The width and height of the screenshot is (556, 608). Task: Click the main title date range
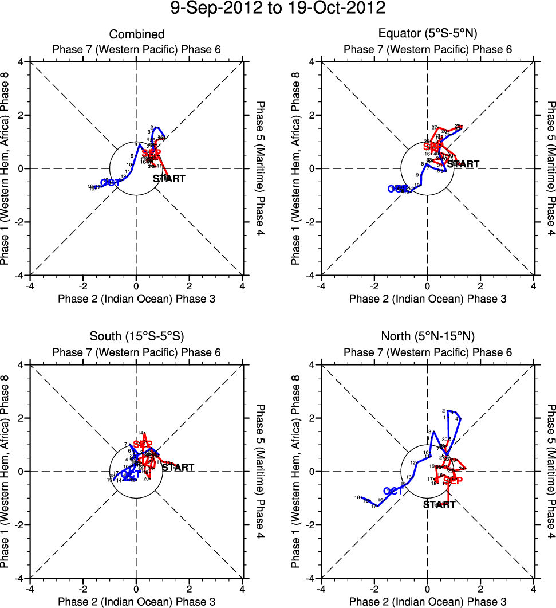tap(278, 9)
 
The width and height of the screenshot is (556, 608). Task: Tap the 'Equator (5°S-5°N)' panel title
tap(428, 34)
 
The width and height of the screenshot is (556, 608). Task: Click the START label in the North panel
tap(439, 505)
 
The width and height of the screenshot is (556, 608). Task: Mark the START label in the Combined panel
tap(169, 179)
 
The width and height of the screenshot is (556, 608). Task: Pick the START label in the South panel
tap(178, 468)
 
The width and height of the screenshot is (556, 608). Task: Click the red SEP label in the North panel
tap(453, 481)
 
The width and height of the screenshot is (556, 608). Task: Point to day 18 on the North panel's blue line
tap(357, 497)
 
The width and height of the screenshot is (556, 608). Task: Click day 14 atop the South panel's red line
tap(140, 433)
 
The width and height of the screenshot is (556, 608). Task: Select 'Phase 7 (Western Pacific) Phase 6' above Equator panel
tap(428, 49)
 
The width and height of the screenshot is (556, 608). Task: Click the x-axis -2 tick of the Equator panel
tap(374, 285)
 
